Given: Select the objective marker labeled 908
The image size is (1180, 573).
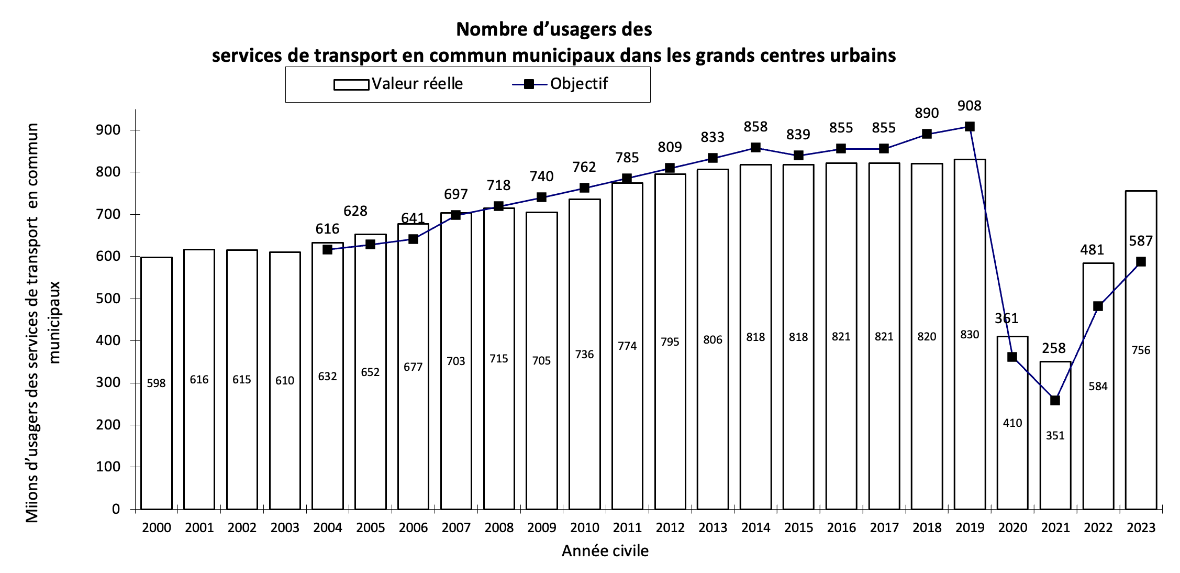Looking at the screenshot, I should click(x=970, y=126).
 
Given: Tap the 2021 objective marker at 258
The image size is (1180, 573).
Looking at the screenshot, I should click(x=1055, y=400).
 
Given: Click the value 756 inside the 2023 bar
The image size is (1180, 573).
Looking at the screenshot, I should click(x=1141, y=350).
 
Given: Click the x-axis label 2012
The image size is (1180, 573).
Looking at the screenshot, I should click(x=670, y=527).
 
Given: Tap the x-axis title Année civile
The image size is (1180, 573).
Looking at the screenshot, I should click(x=605, y=550).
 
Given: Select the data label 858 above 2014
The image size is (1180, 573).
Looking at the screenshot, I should click(x=755, y=127).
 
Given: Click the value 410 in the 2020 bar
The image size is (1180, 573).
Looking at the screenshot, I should click(x=1012, y=423).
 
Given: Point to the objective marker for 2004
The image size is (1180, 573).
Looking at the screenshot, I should click(x=327, y=249).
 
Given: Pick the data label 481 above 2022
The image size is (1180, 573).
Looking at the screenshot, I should click(x=1092, y=249).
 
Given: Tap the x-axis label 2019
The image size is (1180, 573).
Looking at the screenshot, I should click(x=970, y=527).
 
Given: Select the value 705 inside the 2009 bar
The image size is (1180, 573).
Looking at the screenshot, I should click(x=541, y=360).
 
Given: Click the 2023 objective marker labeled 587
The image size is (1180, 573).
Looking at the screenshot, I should click(x=1141, y=261).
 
